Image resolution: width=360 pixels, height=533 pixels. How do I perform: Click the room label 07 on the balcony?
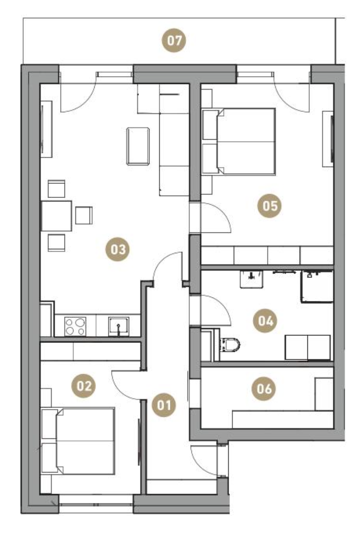tap(174, 41)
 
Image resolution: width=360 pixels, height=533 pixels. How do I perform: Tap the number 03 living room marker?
tap(118, 250)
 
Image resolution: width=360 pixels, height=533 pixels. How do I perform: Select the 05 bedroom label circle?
tap(269, 206)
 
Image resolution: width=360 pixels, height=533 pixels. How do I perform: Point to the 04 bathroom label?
tap(265, 320)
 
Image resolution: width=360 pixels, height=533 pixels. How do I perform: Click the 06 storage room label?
tap(264, 389)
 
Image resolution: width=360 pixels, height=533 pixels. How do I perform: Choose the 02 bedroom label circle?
tap(84, 385)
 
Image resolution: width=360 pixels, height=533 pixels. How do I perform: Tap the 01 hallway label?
tap(164, 405)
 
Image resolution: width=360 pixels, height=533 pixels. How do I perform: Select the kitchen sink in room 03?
tap(119, 326)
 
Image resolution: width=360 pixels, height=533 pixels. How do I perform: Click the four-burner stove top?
tap(75, 327)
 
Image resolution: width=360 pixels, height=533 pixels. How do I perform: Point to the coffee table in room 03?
tap(138, 146)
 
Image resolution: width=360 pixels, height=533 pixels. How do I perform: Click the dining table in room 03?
tap(57, 216)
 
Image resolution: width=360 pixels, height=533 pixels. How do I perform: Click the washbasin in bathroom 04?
tap(252, 279)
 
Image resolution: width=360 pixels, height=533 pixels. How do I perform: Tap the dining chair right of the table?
tap(84, 215)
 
